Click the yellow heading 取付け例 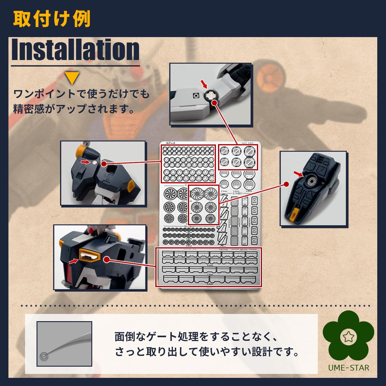pos(52,19)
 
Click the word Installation pos(75,50)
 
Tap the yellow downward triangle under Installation pos(72,78)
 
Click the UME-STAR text pos(349,368)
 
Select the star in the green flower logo pos(349,337)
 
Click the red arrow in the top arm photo pos(204,84)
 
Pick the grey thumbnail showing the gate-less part pos(64,344)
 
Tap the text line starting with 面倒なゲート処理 pos(196,337)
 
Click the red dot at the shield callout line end pos(286,184)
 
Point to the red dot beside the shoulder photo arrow pos(104,164)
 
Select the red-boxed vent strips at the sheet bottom pos(209,267)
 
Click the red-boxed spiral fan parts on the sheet pos(203,205)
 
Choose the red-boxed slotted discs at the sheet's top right pos(238,157)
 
